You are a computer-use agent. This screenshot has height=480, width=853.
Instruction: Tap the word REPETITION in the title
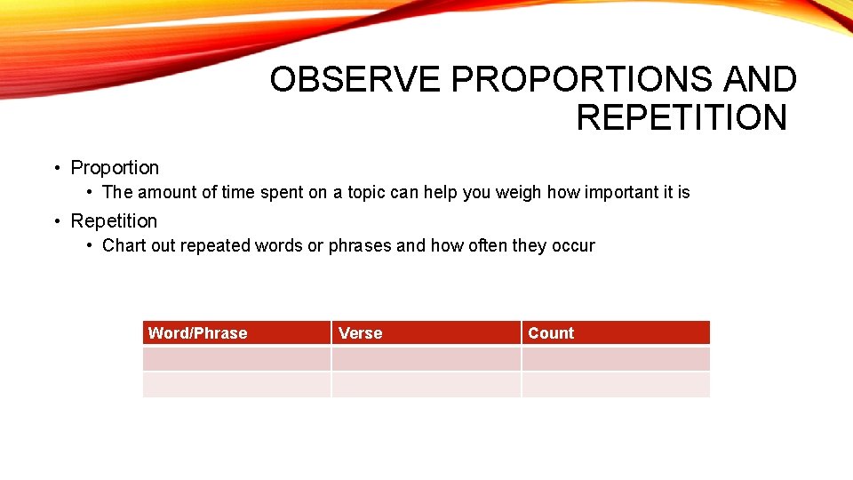click(682, 117)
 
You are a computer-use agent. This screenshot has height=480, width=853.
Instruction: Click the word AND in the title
click(761, 80)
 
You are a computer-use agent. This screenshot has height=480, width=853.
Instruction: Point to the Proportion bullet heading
click(115, 168)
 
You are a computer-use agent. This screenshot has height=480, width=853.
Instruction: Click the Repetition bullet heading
click(114, 221)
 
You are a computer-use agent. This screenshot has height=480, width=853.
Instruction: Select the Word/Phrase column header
click(198, 333)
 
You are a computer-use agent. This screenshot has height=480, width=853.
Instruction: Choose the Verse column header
click(361, 333)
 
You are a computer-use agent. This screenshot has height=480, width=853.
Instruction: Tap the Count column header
click(551, 333)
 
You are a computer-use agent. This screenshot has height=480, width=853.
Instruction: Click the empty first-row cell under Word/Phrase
click(236, 359)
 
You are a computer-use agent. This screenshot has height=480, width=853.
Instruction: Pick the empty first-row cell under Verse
click(426, 359)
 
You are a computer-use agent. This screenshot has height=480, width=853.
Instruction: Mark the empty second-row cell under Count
click(616, 385)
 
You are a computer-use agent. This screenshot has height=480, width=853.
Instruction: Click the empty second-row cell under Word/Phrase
click(236, 385)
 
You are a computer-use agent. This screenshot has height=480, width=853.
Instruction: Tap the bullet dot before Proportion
click(57, 168)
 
